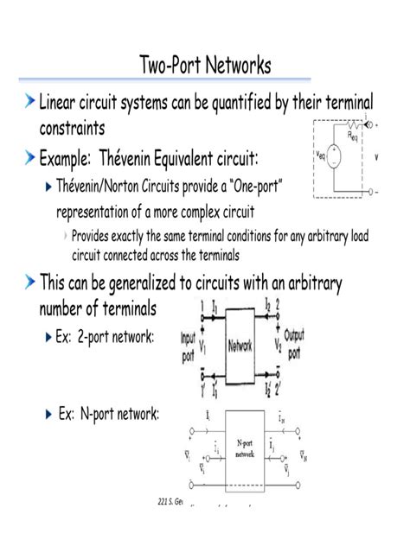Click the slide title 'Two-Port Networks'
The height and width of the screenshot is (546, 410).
click(205, 65)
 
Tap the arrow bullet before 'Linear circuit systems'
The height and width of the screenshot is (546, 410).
click(29, 104)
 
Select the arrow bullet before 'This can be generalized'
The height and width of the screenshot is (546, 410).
click(29, 283)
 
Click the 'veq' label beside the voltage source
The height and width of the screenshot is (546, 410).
click(321, 157)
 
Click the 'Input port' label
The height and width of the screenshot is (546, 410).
click(189, 347)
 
